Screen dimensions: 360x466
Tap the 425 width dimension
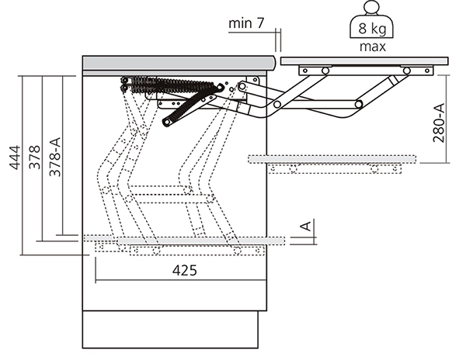pos(183,271)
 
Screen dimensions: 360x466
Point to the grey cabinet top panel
pos(179,62)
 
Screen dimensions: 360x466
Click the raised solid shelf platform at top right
pos(365,60)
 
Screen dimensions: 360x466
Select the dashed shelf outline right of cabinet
pos(332,159)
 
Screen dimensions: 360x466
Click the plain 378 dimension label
pos(33,159)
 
